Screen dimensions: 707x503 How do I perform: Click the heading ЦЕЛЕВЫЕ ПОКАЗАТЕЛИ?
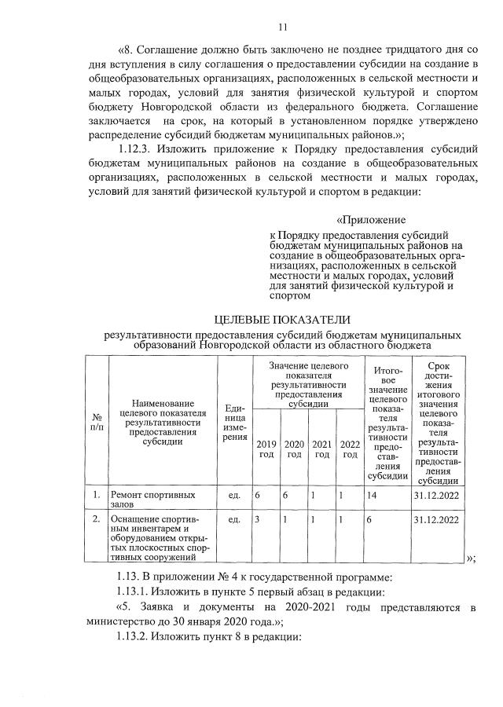[282, 319]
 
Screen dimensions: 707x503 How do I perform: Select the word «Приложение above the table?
[371, 220]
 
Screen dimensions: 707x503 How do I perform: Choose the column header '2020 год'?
[294, 449]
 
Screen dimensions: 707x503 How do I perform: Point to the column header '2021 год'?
[321, 449]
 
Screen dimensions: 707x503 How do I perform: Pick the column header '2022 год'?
[349, 449]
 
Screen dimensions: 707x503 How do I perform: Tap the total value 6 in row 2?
[369, 520]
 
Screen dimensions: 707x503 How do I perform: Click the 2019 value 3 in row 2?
[257, 520]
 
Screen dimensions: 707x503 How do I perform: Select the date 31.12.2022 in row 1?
[436, 496]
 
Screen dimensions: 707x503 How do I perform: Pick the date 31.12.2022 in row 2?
[436, 520]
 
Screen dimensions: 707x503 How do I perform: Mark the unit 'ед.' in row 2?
[233, 520]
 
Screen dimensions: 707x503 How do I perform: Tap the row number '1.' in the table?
[95, 495]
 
